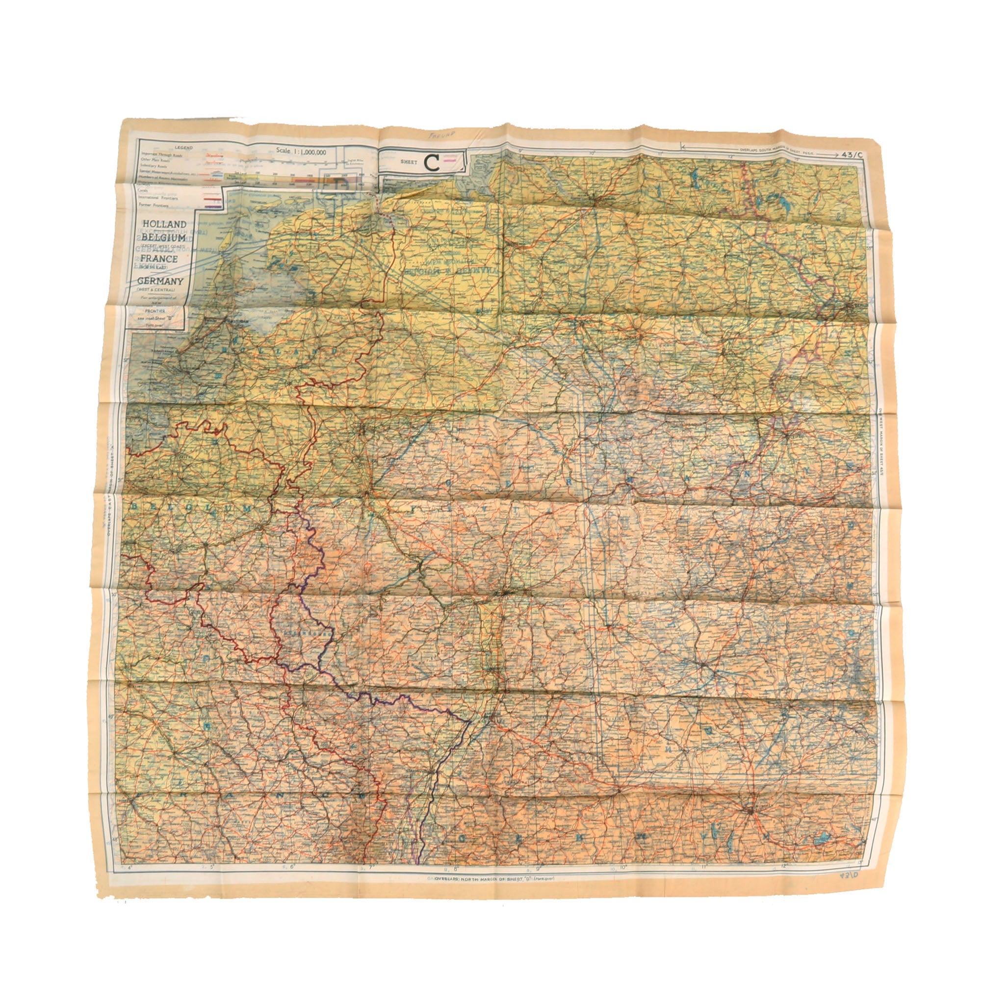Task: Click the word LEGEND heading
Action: (184, 147)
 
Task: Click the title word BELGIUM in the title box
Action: (163, 237)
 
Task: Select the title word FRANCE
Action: (160, 259)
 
